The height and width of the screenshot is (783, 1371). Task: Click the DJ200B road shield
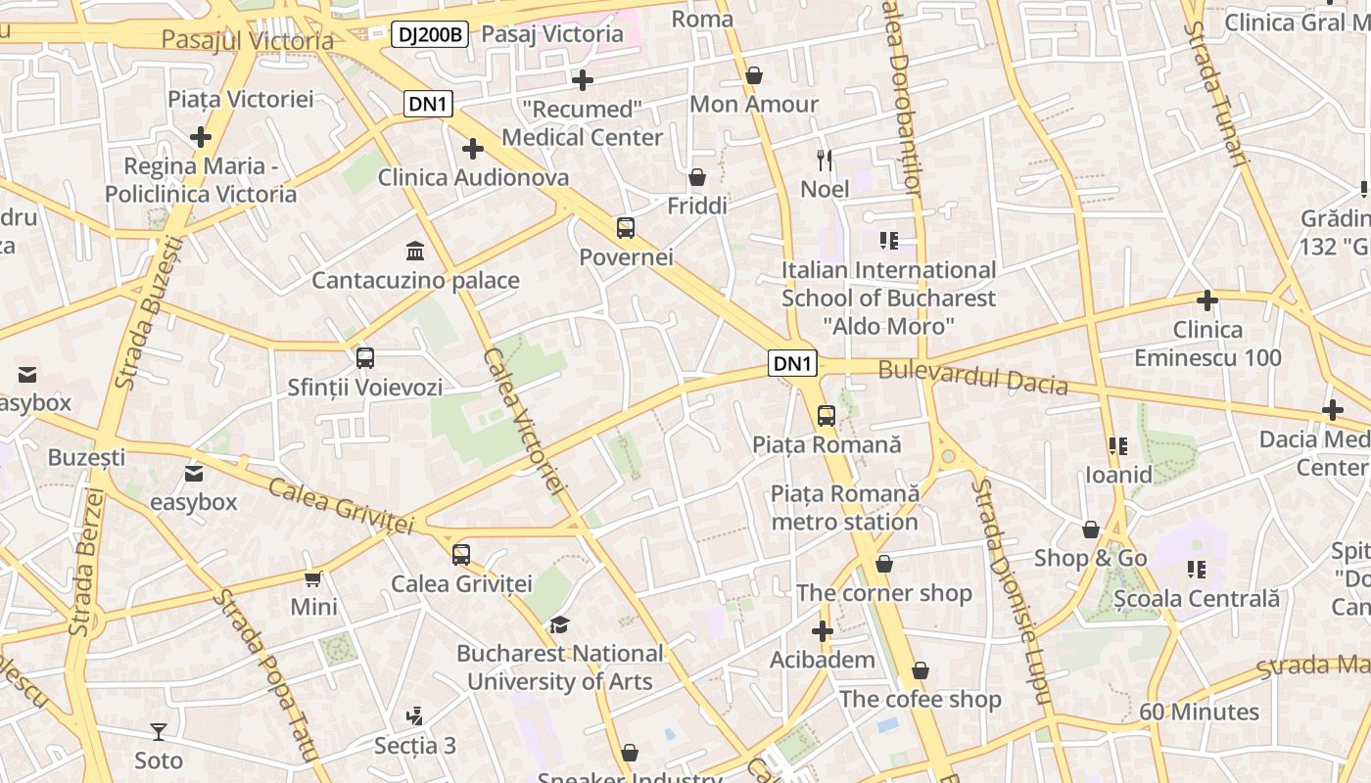[431, 34]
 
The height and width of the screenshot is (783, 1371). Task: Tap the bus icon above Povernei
[626, 228]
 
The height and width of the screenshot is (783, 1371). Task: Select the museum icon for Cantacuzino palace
[414, 251]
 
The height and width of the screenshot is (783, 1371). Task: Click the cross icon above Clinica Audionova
[473, 149]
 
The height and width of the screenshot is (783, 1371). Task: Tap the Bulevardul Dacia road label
[972, 377]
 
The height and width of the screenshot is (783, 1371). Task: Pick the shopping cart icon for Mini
[313, 578]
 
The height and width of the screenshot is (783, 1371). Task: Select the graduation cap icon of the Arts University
[559, 624]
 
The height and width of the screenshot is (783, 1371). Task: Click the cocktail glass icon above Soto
[159, 731]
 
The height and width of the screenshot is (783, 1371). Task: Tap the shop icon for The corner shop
[883, 564]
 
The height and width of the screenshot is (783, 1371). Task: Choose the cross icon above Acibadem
[823, 631]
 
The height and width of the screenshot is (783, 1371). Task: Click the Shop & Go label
[1090, 558]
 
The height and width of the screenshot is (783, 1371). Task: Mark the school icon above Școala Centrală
[1196, 569]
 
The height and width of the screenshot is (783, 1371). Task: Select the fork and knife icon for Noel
[825, 159]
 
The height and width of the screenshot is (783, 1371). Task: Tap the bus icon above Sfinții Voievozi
[365, 358]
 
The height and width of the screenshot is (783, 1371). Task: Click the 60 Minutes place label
[1199, 712]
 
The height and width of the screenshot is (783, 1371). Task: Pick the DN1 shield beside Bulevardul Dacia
[793, 364]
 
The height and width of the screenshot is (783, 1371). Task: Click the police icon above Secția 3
[415, 716]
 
